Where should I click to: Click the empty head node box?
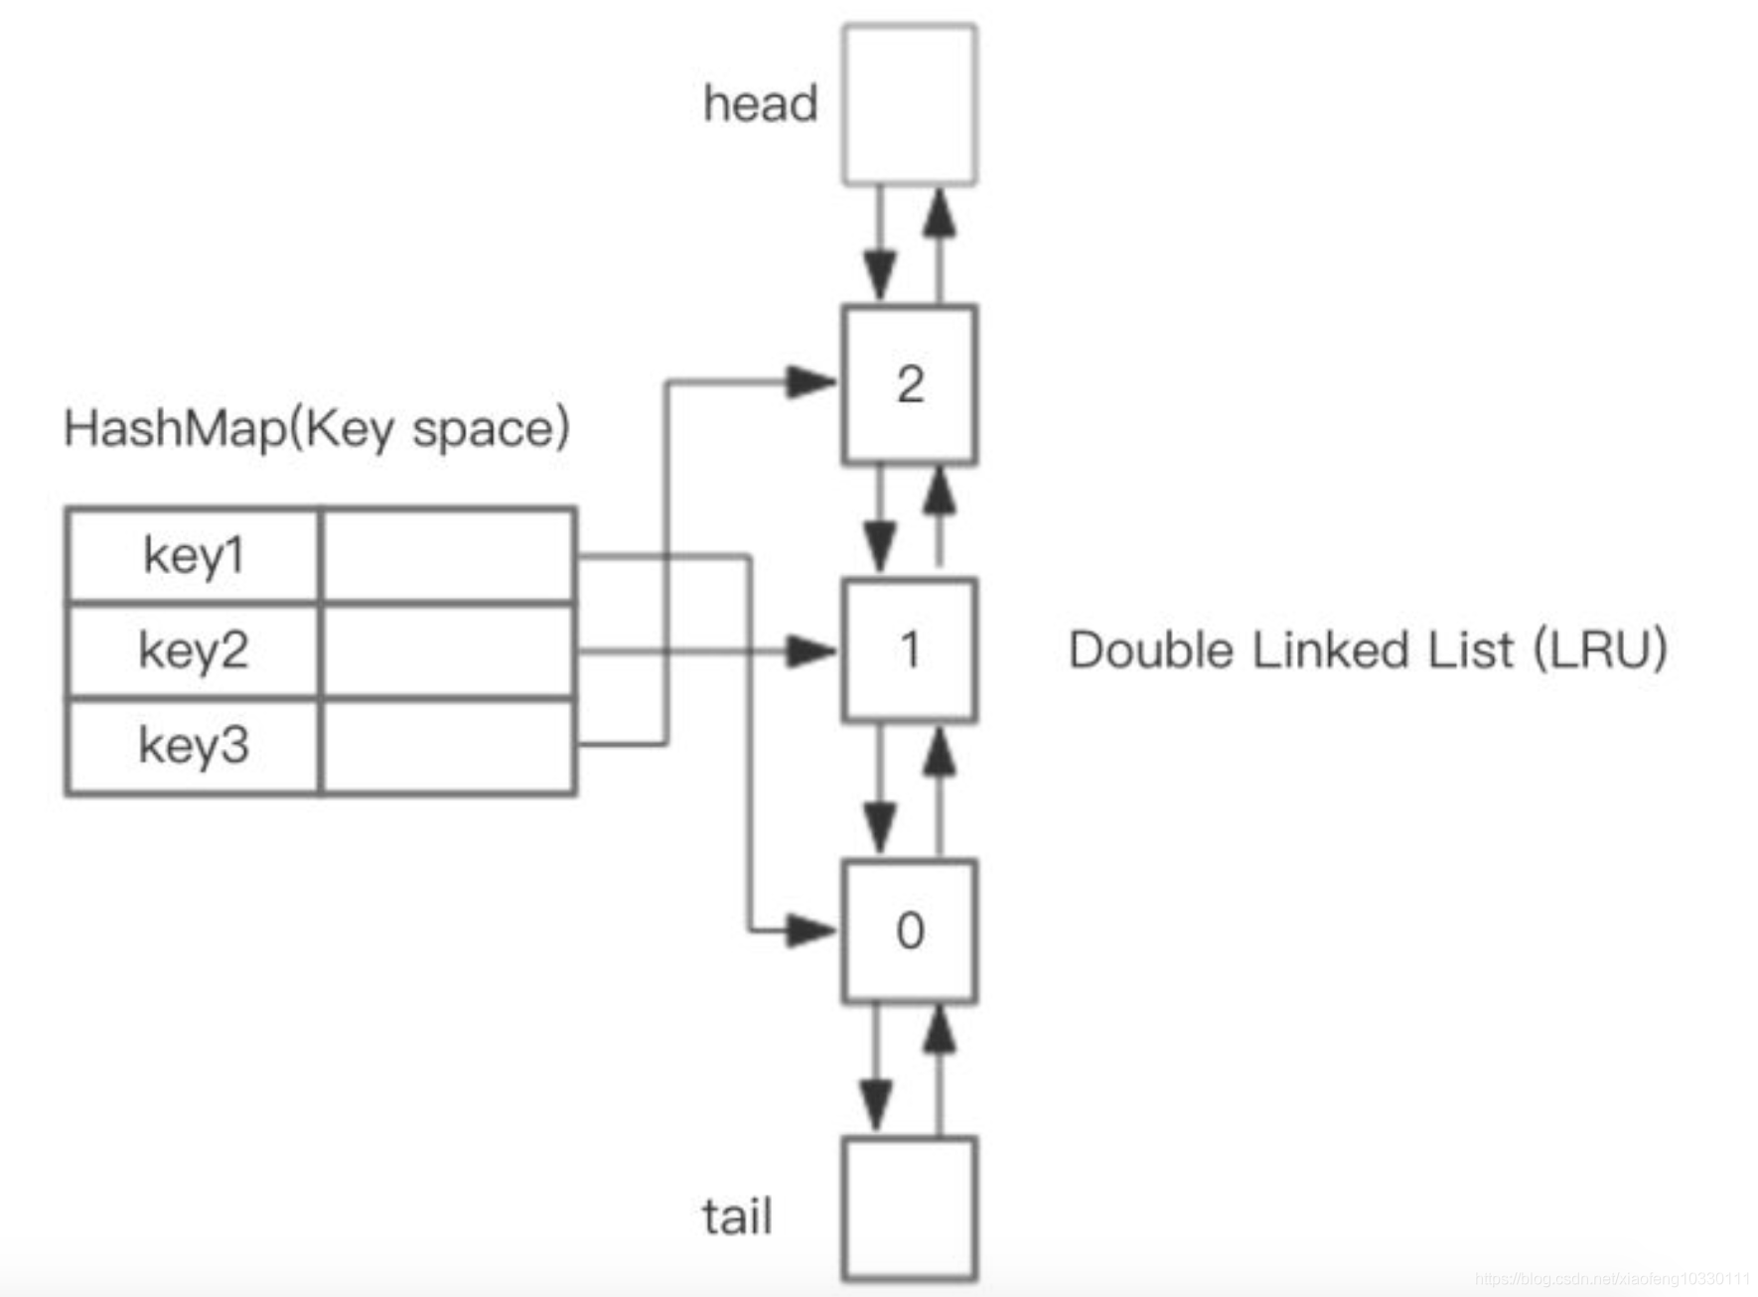(909, 104)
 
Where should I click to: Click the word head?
(760, 103)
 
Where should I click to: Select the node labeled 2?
(909, 384)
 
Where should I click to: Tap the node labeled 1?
(909, 650)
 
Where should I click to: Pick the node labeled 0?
(909, 931)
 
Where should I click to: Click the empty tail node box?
(909, 1208)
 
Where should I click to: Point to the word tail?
(736, 1216)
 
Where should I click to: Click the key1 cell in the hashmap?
(194, 555)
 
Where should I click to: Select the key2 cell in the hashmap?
(194, 650)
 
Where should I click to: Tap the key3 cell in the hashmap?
(194, 745)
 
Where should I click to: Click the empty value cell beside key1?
(448, 555)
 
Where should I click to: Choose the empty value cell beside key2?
(448, 650)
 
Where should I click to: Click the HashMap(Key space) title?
(316, 429)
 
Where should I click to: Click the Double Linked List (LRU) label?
(1367, 650)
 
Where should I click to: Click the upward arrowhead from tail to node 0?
(939, 1031)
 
